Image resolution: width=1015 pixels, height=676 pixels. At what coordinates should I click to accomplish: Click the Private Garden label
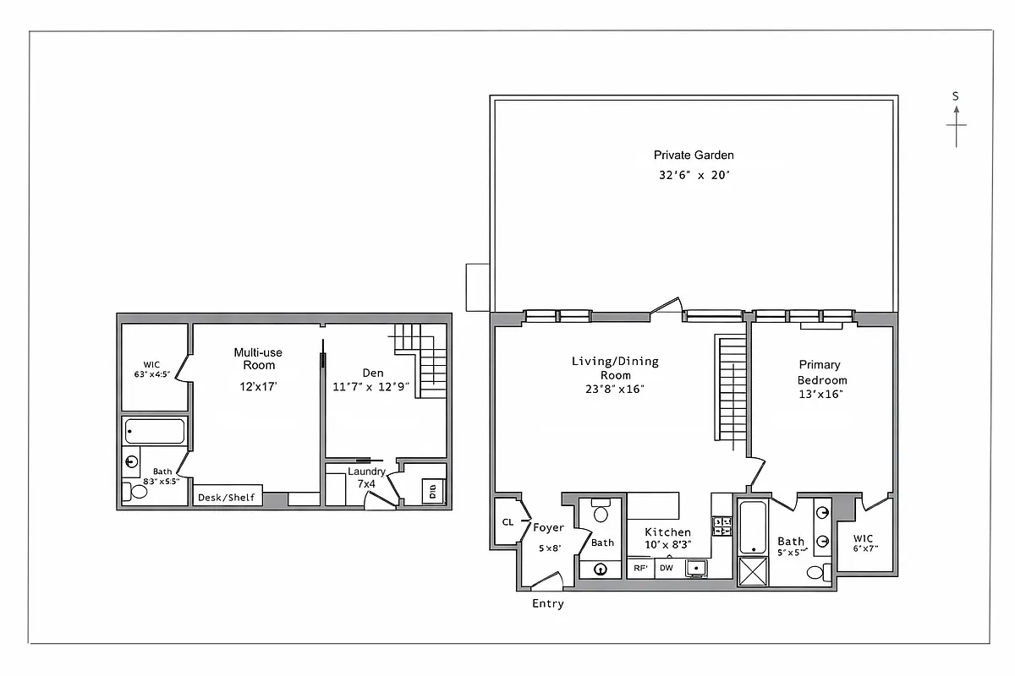[x=694, y=155]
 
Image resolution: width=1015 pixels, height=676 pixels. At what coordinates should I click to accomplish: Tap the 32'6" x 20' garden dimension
[x=694, y=176]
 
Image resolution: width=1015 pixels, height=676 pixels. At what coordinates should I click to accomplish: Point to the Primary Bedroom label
[x=820, y=372]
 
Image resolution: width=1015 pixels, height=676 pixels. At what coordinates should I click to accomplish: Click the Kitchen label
[x=668, y=532]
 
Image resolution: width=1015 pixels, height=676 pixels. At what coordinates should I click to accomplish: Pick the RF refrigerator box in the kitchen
[x=640, y=569]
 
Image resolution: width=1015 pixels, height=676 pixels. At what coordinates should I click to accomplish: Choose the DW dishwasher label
[x=667, y=569]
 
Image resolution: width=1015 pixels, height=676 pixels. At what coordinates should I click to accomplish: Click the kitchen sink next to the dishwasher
[x=696, y=568]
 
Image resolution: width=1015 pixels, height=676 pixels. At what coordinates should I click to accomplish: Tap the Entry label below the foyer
[x=547, y=603]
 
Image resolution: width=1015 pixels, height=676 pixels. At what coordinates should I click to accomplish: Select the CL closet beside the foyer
[x=507, y=522]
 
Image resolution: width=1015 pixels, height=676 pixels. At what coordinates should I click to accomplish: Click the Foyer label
[x=548, y=527]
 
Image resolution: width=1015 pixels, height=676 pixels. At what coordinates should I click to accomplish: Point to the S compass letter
[x=956, y=96]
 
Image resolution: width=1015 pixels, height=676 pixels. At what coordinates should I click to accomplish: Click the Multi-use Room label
[x=259, y=358]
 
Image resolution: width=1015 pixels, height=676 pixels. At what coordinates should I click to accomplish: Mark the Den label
[x=373, y=372]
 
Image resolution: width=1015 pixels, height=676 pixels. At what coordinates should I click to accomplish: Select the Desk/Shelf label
[x=226, y=498]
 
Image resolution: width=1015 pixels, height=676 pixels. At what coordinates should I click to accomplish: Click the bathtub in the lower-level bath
[x=153, y=432]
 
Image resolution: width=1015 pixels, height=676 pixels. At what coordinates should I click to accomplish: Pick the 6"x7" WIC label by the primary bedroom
[x=865, y=542]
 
